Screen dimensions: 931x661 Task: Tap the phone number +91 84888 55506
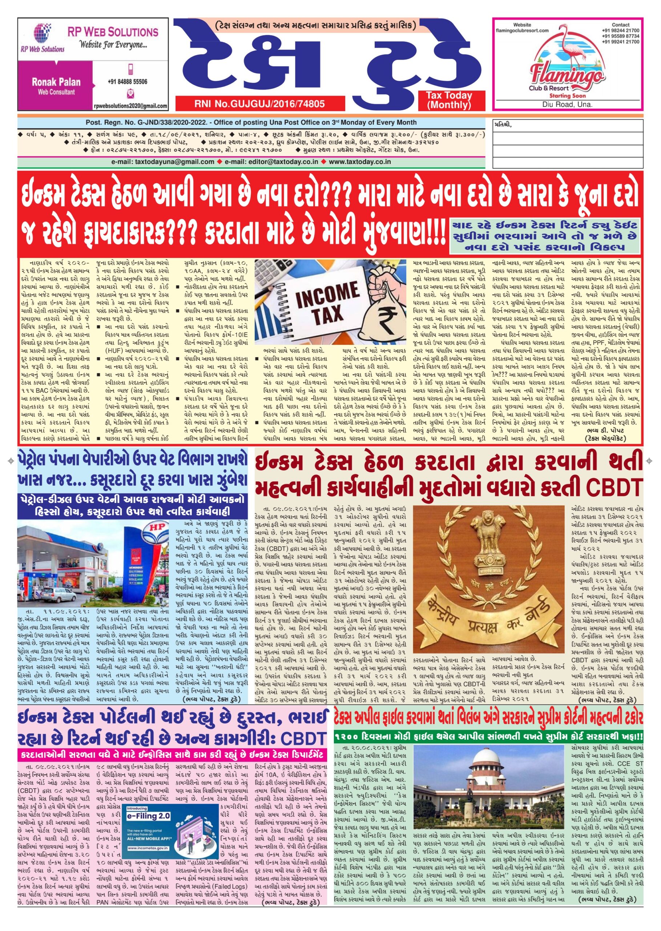tap(128, 81)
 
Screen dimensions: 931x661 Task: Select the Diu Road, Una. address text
tap(567, 105)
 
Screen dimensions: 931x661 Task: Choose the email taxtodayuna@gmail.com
tap(163, 162)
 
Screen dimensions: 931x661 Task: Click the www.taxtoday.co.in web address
tap(360, 162)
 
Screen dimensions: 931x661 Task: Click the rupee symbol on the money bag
tap(380, 316)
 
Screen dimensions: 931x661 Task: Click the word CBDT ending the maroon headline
tap(617, 486)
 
